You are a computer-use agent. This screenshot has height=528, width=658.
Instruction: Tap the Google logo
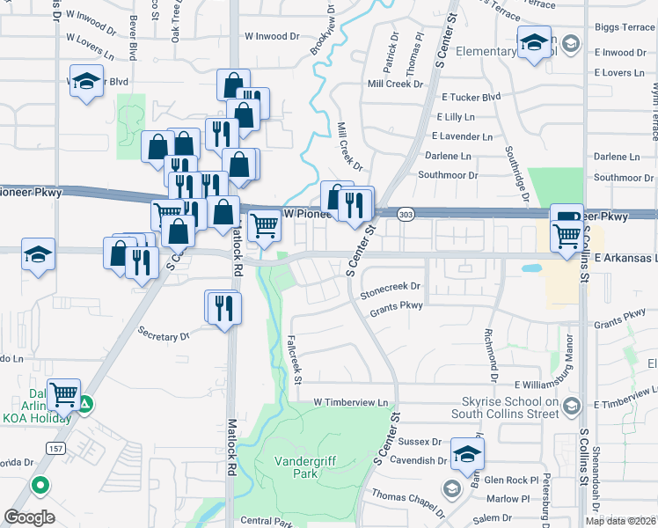29,517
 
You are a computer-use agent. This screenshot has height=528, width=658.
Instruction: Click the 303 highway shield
406,215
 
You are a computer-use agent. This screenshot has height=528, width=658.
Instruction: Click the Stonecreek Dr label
391,287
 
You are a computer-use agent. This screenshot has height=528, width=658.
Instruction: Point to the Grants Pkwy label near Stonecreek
396,306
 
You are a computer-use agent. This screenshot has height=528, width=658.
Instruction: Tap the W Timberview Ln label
351,402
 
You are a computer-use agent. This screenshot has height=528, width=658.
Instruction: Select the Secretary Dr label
164,334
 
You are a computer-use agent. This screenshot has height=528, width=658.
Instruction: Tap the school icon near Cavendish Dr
466,455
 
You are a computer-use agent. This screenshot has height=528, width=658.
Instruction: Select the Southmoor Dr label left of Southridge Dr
447,175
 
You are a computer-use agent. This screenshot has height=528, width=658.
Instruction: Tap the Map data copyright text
620,521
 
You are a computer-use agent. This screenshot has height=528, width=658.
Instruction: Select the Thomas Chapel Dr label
408,496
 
